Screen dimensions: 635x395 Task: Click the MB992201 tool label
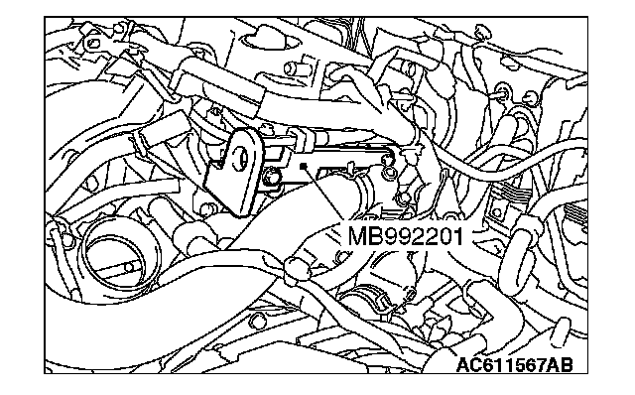[405, 236]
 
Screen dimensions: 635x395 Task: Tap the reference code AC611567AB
[514, 365]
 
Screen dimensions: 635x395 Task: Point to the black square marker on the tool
[303, 166]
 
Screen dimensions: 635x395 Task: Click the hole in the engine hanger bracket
[242, 156]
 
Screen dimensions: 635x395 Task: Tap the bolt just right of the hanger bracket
[271, 178]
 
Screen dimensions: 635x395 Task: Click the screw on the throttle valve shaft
[129, 267]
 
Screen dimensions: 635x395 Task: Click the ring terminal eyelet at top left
[94, 43]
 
